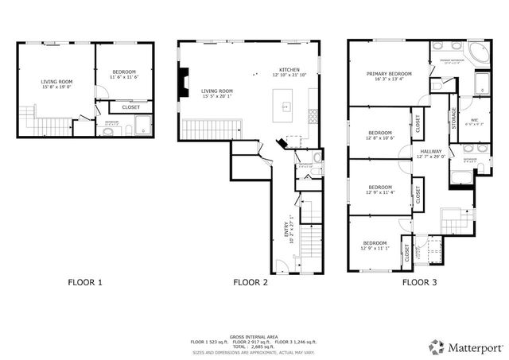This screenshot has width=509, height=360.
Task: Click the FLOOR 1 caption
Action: (x=85, y=282)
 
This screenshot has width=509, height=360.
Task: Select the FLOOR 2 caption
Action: (x=251, y=282)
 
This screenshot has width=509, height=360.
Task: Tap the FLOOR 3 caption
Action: (x=420, y=282)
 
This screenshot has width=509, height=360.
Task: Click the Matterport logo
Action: (x=460, y=346)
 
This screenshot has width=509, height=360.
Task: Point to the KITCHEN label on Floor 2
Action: (x=289, y=70)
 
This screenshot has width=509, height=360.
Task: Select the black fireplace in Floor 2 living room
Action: (x=185, y=82)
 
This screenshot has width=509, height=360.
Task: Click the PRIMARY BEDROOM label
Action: (x=389, y=74)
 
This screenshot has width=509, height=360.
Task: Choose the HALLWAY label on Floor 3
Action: (x=431, y=151)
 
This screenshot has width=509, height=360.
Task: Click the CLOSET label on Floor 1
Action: (x=131, y=107)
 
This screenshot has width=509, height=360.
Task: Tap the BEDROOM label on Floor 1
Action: (x=124, y=72)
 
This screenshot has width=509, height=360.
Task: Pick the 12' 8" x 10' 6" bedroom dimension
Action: (x=380, y=137)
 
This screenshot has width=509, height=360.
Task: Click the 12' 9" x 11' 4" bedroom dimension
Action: (x=380, y=192)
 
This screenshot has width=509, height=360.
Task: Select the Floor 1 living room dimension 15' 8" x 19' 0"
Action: (x=56, y=87)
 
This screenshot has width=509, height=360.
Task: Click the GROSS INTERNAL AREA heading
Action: (x=254, y=336)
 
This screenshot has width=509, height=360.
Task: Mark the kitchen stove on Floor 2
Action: (x=312, y=115)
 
